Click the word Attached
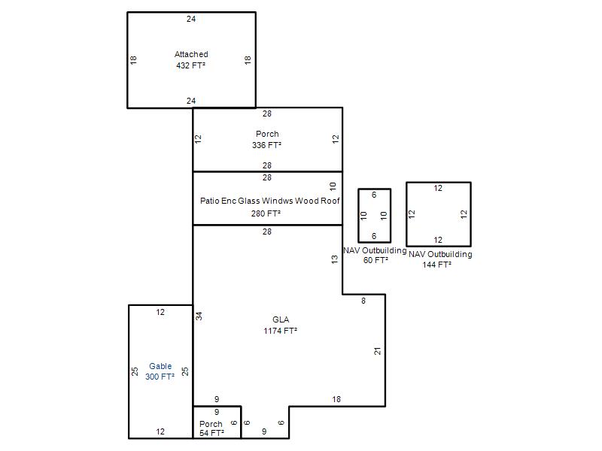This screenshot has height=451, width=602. coord(191,54)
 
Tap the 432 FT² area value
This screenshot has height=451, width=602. coord(191,65)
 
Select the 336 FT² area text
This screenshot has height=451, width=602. coord(267,145)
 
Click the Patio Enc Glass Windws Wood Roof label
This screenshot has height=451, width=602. coord(270,201)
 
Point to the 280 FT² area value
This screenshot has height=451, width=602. coord(266,213)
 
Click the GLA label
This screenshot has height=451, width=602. coord(281,319)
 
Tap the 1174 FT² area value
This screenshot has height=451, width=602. coord(281,331)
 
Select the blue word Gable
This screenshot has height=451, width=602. coord(160,366)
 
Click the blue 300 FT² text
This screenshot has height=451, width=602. coord(160,377)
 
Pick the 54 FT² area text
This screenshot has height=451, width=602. coord(211,433)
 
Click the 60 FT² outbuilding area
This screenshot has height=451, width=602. coord(375,260)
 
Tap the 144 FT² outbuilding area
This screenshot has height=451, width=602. coord(437,265)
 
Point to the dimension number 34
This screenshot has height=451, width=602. coord(199,316)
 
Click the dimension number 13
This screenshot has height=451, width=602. coord(334,259)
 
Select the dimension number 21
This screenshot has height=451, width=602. coord(378,351)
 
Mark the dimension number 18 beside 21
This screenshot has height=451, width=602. coord(336,399)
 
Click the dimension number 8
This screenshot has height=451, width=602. coord(363,301)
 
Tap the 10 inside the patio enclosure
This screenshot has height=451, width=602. coord(333,186)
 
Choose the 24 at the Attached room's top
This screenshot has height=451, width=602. coord(191,19)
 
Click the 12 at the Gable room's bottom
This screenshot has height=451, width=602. coord(160,431)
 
